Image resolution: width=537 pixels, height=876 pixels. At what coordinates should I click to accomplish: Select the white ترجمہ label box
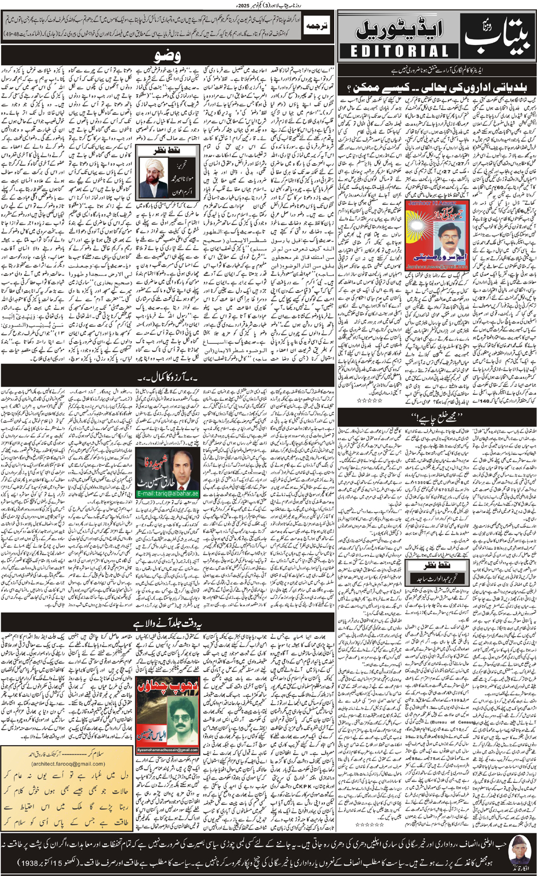(x=317, y=26)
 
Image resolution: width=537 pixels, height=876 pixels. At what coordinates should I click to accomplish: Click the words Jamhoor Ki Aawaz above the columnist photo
(x=427, y=204)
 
